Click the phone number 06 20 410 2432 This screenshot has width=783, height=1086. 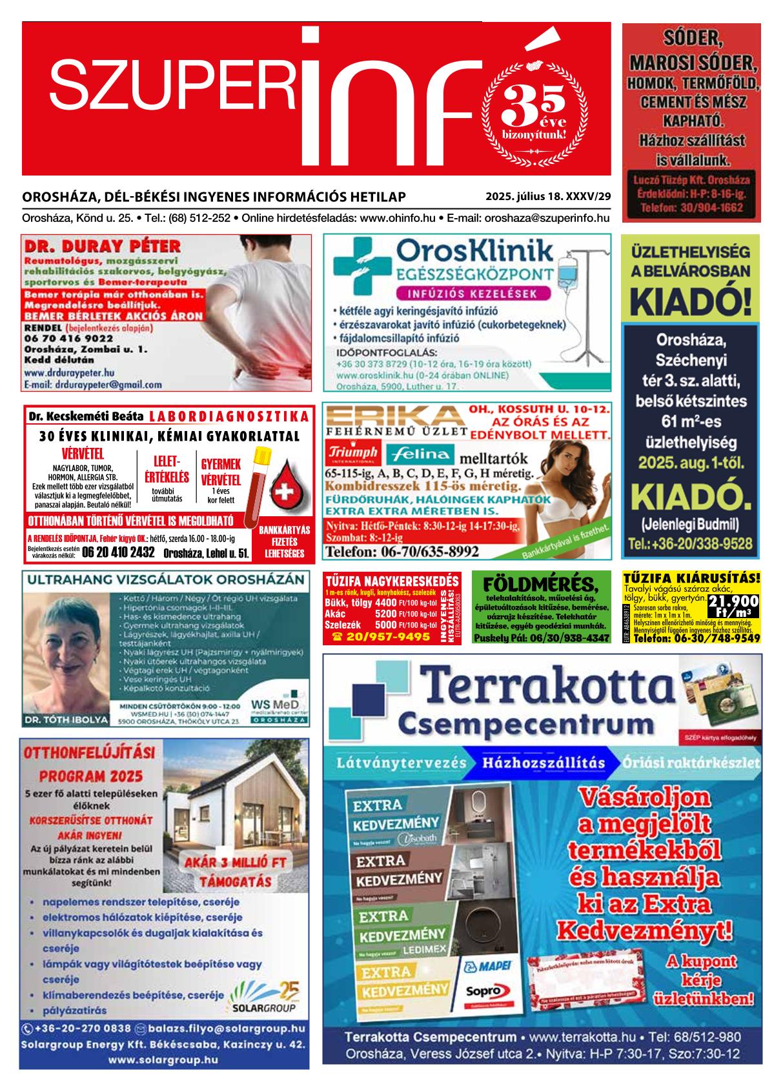[x=118, y=552]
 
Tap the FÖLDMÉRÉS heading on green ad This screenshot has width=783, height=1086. [x=541, y=584]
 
